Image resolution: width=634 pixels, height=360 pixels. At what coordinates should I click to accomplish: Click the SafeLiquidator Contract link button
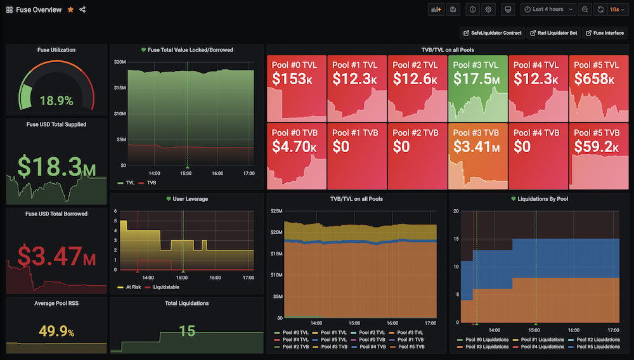[492, 33]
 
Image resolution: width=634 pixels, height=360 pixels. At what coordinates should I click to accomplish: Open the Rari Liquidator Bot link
[554, 33]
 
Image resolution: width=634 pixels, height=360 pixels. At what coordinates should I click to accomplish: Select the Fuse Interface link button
[605, 33]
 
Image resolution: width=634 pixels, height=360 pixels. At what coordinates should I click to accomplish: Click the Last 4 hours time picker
[548, 10]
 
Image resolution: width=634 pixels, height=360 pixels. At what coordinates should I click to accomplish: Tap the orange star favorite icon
[70, 10]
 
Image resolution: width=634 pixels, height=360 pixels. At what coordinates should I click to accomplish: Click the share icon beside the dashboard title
[83, 10]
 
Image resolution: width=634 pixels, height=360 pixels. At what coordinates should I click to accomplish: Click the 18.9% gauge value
[56, 101]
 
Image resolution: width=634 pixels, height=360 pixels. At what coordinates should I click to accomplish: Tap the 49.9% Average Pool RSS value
[56, 331]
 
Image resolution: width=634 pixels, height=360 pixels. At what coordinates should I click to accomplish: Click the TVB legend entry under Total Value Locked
[150, 183]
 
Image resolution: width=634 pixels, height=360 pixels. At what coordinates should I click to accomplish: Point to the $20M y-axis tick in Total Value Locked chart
[119, 61]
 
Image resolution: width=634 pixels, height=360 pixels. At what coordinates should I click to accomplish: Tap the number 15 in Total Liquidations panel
[186, 331]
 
